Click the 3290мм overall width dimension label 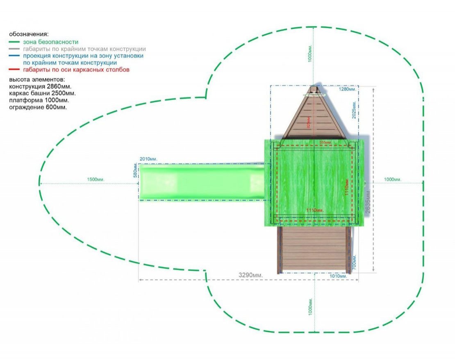251,275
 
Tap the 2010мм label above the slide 148,159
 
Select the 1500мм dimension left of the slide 96,180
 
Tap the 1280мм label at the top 348,89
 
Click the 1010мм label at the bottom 339,276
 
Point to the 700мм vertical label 355,262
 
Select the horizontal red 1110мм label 315,210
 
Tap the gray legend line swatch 15,49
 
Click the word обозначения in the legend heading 28,34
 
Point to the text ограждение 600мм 39,107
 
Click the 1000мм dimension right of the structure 393,180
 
